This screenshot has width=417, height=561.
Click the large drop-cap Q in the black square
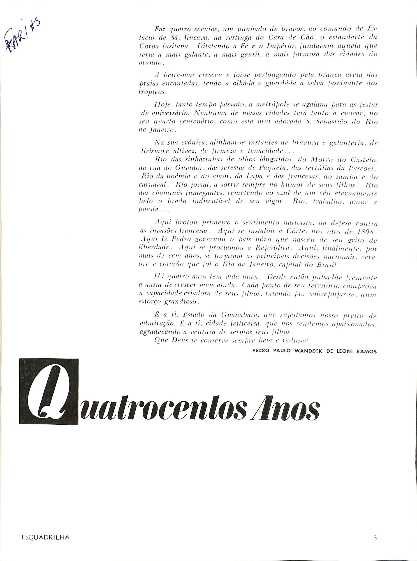pyautogui.click(x=49, y=391)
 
